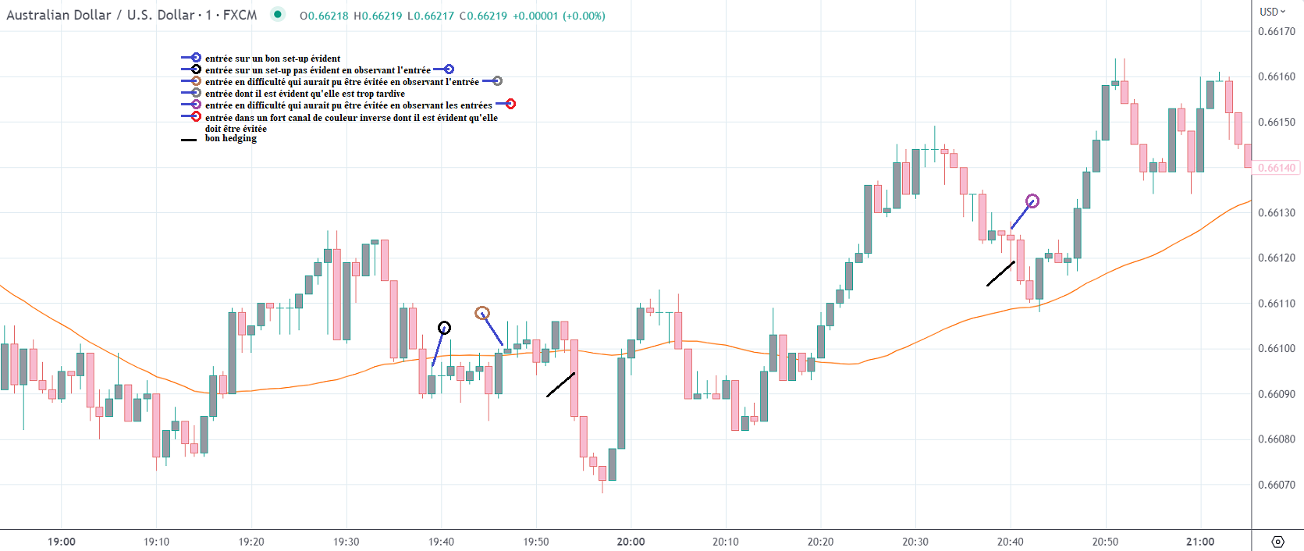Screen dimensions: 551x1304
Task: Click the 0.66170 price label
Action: tap(1276, 32)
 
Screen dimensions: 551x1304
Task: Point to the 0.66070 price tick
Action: tap(1276, 485)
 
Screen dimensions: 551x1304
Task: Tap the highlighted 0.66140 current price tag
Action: tap(1277, 168)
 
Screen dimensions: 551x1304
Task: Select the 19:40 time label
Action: tap(441, 542)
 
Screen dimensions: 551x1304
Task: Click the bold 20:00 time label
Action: tap(631, 542)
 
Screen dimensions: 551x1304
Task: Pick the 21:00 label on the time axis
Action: tap(1199, 542)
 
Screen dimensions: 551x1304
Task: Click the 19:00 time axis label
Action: tap(62, 542)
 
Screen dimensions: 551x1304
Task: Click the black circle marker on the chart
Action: tap(444, 328)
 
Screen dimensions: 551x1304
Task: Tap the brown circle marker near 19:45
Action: tap(482, 313)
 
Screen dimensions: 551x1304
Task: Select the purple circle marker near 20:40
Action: tap(1032, 201)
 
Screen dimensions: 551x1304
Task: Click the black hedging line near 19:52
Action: tap(560, 385)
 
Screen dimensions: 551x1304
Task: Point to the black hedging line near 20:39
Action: tap(1000, 274)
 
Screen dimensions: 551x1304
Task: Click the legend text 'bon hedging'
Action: tap(230, 138)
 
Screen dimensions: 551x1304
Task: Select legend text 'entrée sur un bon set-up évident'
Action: tap(272, 59)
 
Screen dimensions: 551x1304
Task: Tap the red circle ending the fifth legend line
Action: tap(510, 105)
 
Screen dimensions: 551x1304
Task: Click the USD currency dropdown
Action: tap(1272, 12)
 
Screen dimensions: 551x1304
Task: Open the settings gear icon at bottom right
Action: tap(1277, 542)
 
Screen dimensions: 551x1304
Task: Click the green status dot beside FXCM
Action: tap(277, 14)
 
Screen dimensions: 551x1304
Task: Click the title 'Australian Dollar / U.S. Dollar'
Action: tap(100, 15)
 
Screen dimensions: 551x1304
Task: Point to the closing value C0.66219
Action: tap(483, 16)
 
